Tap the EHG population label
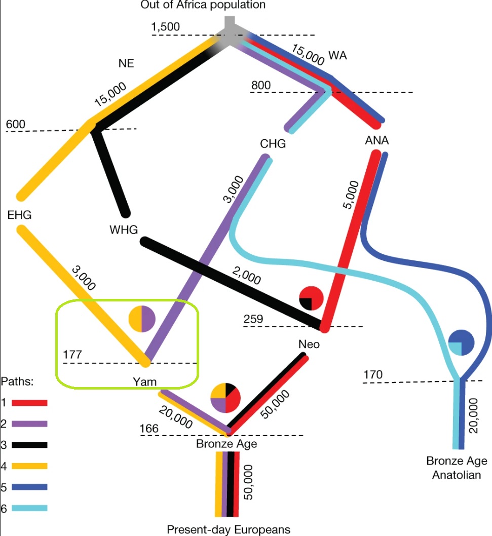(20, 215)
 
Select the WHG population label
(124, 231)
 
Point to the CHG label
(273, 144)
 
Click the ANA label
(376, 140)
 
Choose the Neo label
(309, 344)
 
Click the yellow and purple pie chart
(142, 319)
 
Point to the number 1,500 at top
(165, 27)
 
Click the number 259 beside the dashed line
(254, 319)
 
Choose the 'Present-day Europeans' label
(229, 529)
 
